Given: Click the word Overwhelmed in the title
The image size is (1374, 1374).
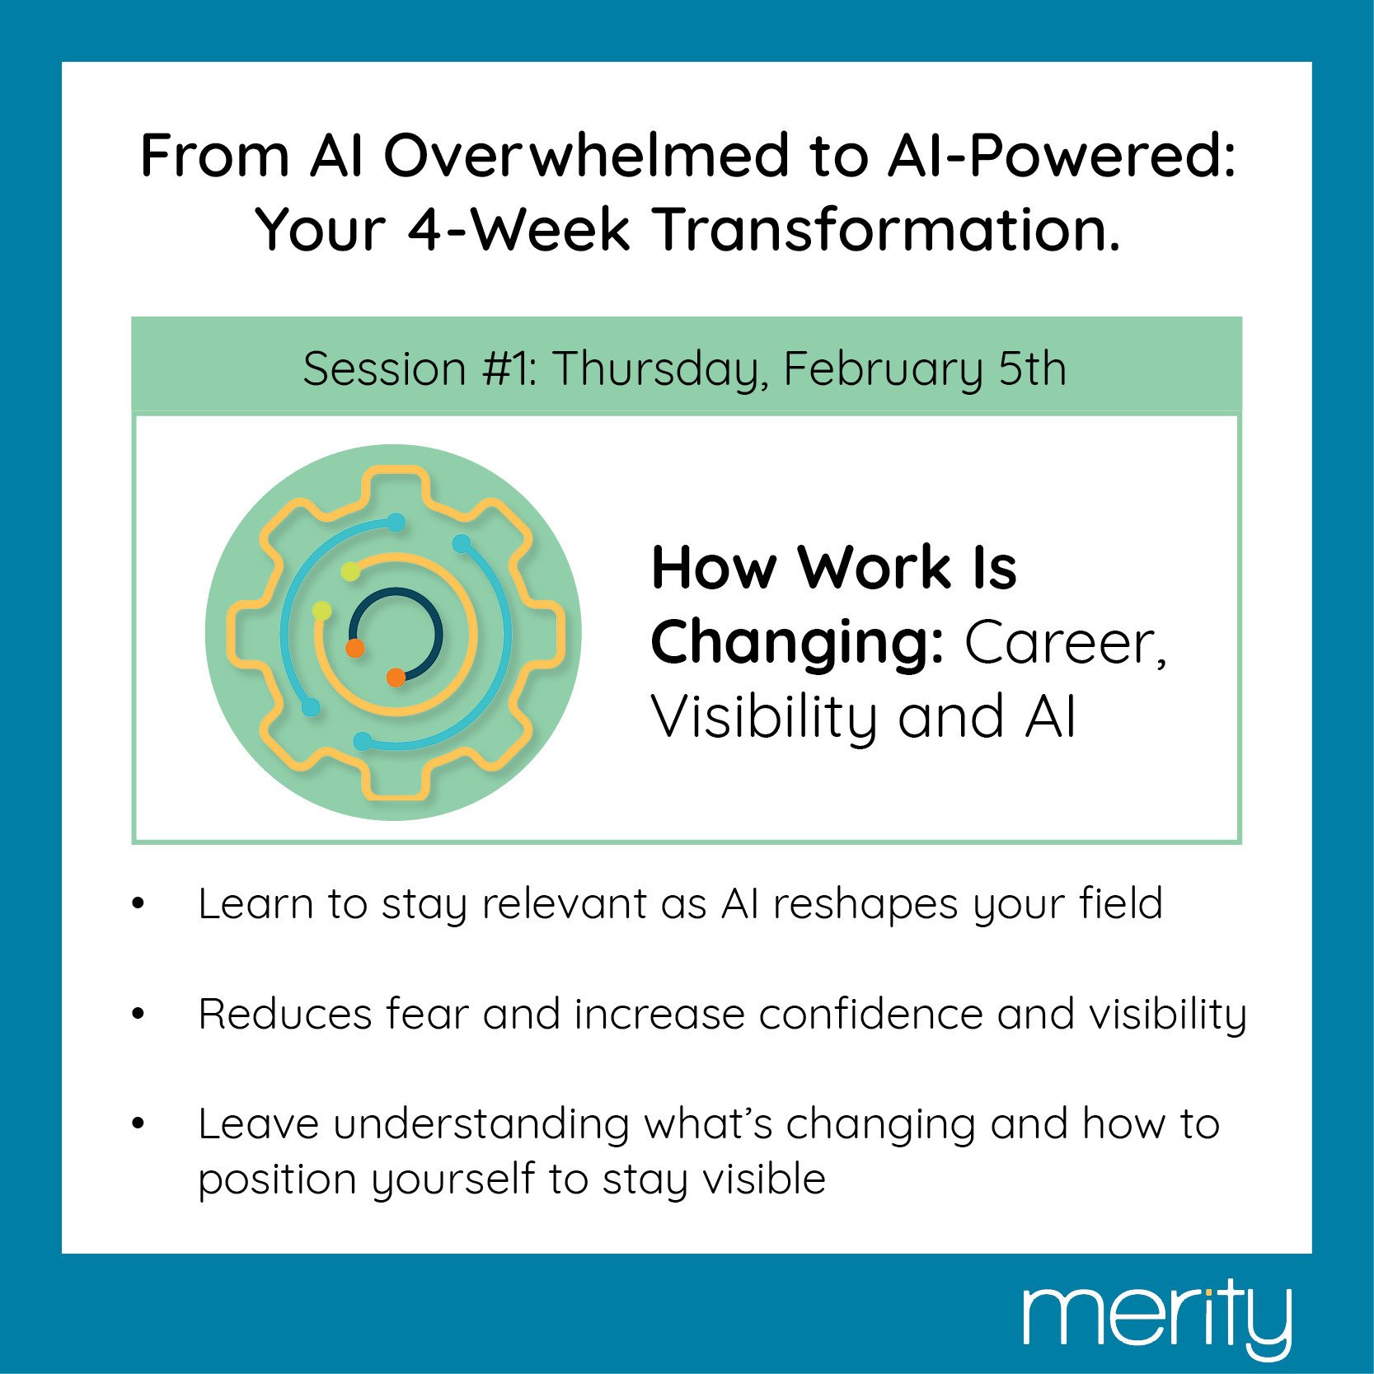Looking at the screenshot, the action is pyautogui.click(x=586, y=155).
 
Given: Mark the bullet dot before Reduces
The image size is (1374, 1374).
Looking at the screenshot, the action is pyautogui.click(x=138, y=1015).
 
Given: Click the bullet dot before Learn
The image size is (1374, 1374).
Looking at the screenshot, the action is pyautogui.click(x=138, y=904).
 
